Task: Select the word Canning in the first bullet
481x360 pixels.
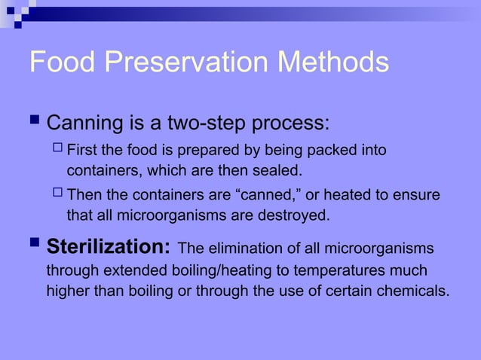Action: [x=85, y=122]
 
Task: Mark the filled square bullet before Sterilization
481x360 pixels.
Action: [x=35, y=246]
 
